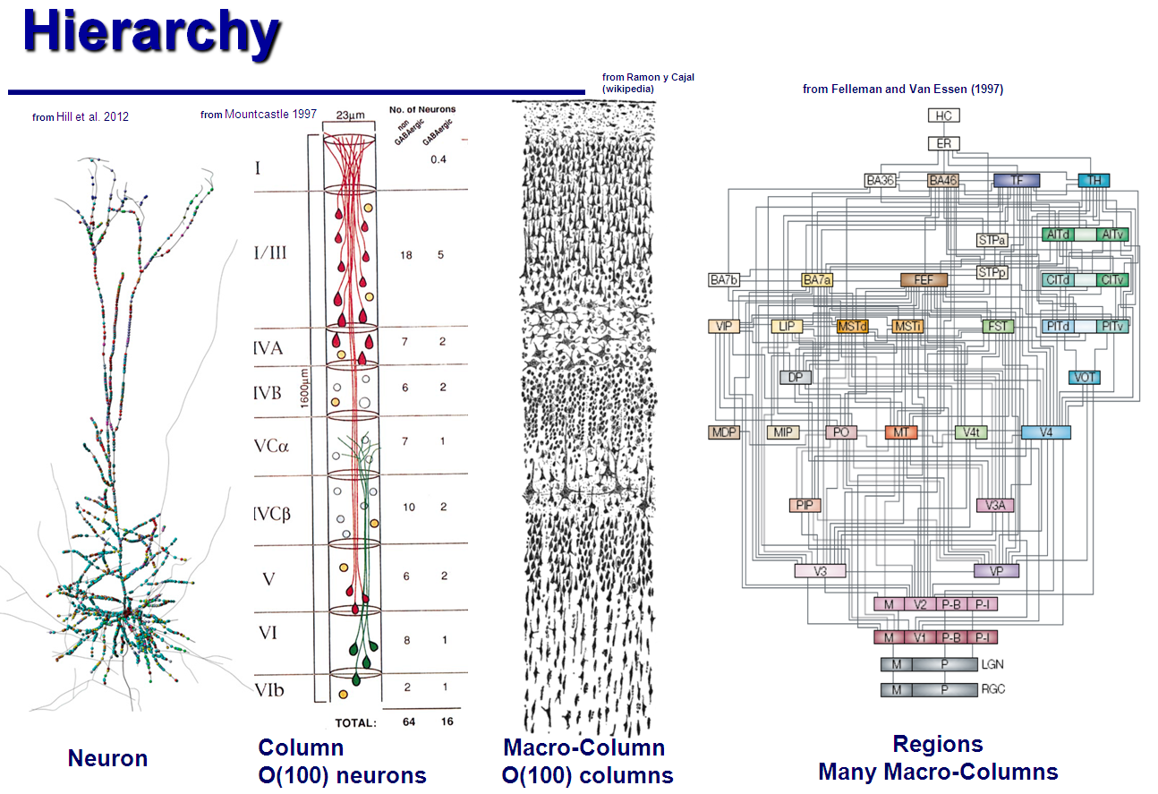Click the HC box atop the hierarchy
pos(943,115)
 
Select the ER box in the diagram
pos(943,143)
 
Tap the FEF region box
pos(923,279)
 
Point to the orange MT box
pos(901,432)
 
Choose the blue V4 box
pos(1045,432)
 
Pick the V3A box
pos(995,505)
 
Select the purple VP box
pos(996,570)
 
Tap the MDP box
pos(723,432)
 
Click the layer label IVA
pos(268,348)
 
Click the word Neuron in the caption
pos(107,759)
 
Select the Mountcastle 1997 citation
pos(270,114)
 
